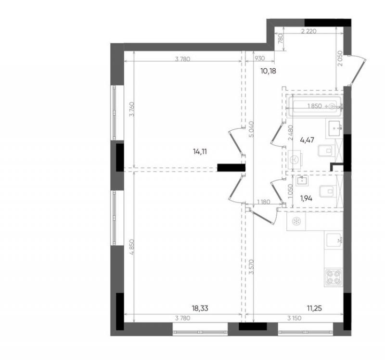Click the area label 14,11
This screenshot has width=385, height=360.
tap(200, 151)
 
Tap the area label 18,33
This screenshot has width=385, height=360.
tap(200, 308)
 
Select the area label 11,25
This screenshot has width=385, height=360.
tap(314, 308)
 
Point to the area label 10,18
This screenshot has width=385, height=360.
tap(268, 71)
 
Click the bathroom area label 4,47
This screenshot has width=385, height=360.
tap(307, 140)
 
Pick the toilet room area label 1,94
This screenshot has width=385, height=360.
tap(306, 199)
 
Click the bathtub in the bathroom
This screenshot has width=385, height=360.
tap(314, 106)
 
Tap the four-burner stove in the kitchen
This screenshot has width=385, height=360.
tap(334, 277)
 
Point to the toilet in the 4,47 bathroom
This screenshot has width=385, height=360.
tap(326, 150)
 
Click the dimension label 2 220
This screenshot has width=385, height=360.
tap(308, 31)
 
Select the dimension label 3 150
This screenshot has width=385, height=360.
tap(295, 318)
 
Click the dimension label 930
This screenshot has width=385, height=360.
tap(260, 59)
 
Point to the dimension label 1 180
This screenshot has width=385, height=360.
tap(263, 202)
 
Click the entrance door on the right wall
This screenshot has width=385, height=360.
tap(358, 70)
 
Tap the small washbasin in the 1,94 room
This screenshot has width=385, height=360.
tap(302, 181)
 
